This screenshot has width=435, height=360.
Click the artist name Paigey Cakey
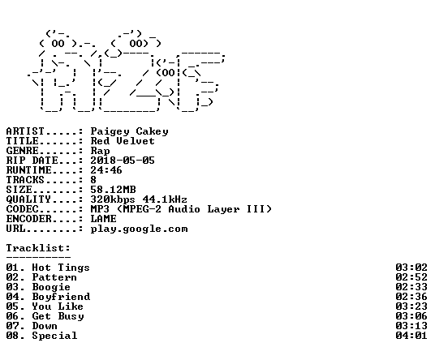click(129, 131)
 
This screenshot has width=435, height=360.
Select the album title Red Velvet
click(123, 141)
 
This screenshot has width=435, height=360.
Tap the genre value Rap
click(100, 151)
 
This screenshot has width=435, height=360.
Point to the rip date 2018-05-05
click(123, 161)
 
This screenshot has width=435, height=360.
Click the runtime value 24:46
click(106, 170)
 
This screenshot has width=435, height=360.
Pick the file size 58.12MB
click(113, 190)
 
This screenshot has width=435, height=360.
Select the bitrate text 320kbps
click(113, 199)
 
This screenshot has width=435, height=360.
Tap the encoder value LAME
click(104, 219)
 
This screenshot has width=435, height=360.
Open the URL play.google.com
click(140, 229)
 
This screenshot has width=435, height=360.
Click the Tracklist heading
click(38, 248)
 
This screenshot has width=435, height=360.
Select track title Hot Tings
click(61, 268)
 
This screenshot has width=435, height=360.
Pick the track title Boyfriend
click(61, 297)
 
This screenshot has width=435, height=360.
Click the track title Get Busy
click(58, 316)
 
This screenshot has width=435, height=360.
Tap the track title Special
click(54, 336)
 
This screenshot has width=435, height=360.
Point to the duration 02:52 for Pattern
click(411, 277)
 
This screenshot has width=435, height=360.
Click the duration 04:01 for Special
click(411, 336)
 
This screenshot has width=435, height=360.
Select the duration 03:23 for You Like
click(411, 306)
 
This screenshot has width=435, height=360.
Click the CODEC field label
click(23, 209)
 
